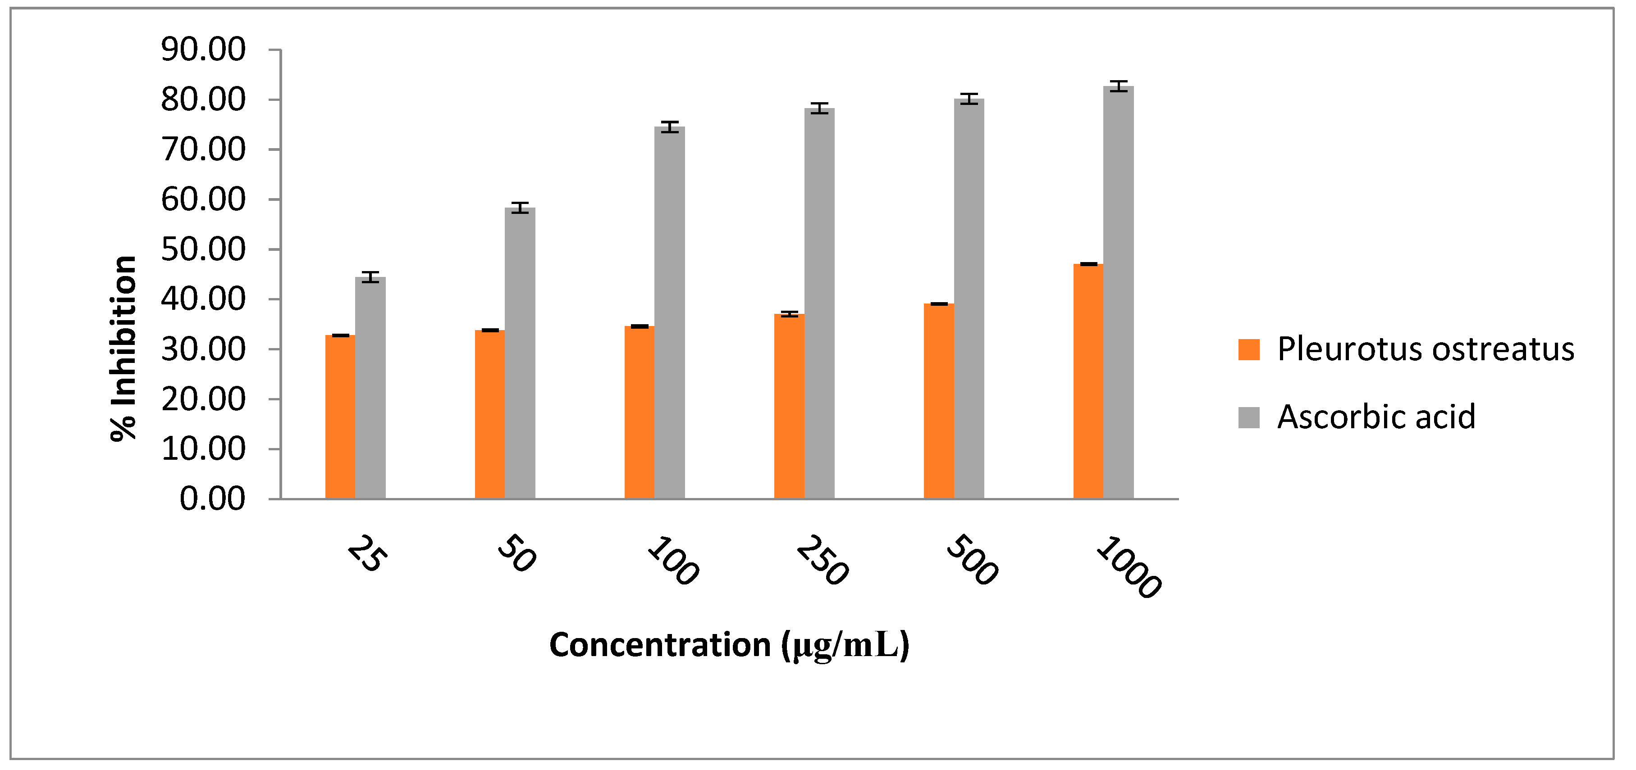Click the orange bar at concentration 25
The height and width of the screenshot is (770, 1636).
(340, 417)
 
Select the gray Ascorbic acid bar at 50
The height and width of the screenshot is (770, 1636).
(520, 353)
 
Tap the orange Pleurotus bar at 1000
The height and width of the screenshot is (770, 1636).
(1088, 381)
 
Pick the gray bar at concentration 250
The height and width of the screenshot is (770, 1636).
(819, 303)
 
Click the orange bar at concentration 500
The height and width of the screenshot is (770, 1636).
(939, 401)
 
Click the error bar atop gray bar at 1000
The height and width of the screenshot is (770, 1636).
(1119, 86)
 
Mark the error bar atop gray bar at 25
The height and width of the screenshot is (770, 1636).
(370, 277)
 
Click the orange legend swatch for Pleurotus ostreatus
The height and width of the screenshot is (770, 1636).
(1248, 349)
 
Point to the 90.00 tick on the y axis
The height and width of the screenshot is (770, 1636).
(203, 50)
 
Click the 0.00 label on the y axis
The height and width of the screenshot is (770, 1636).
(212, 499)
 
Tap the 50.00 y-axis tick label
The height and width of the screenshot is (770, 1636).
(203, 249)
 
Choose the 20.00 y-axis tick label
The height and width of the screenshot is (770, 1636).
(203, 399)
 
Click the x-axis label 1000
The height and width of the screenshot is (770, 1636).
(1129, 567)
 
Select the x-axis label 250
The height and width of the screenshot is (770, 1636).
(821, 560)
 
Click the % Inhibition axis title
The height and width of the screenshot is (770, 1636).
(124, 348)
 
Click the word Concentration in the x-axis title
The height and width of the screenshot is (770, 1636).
(660, 645)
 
